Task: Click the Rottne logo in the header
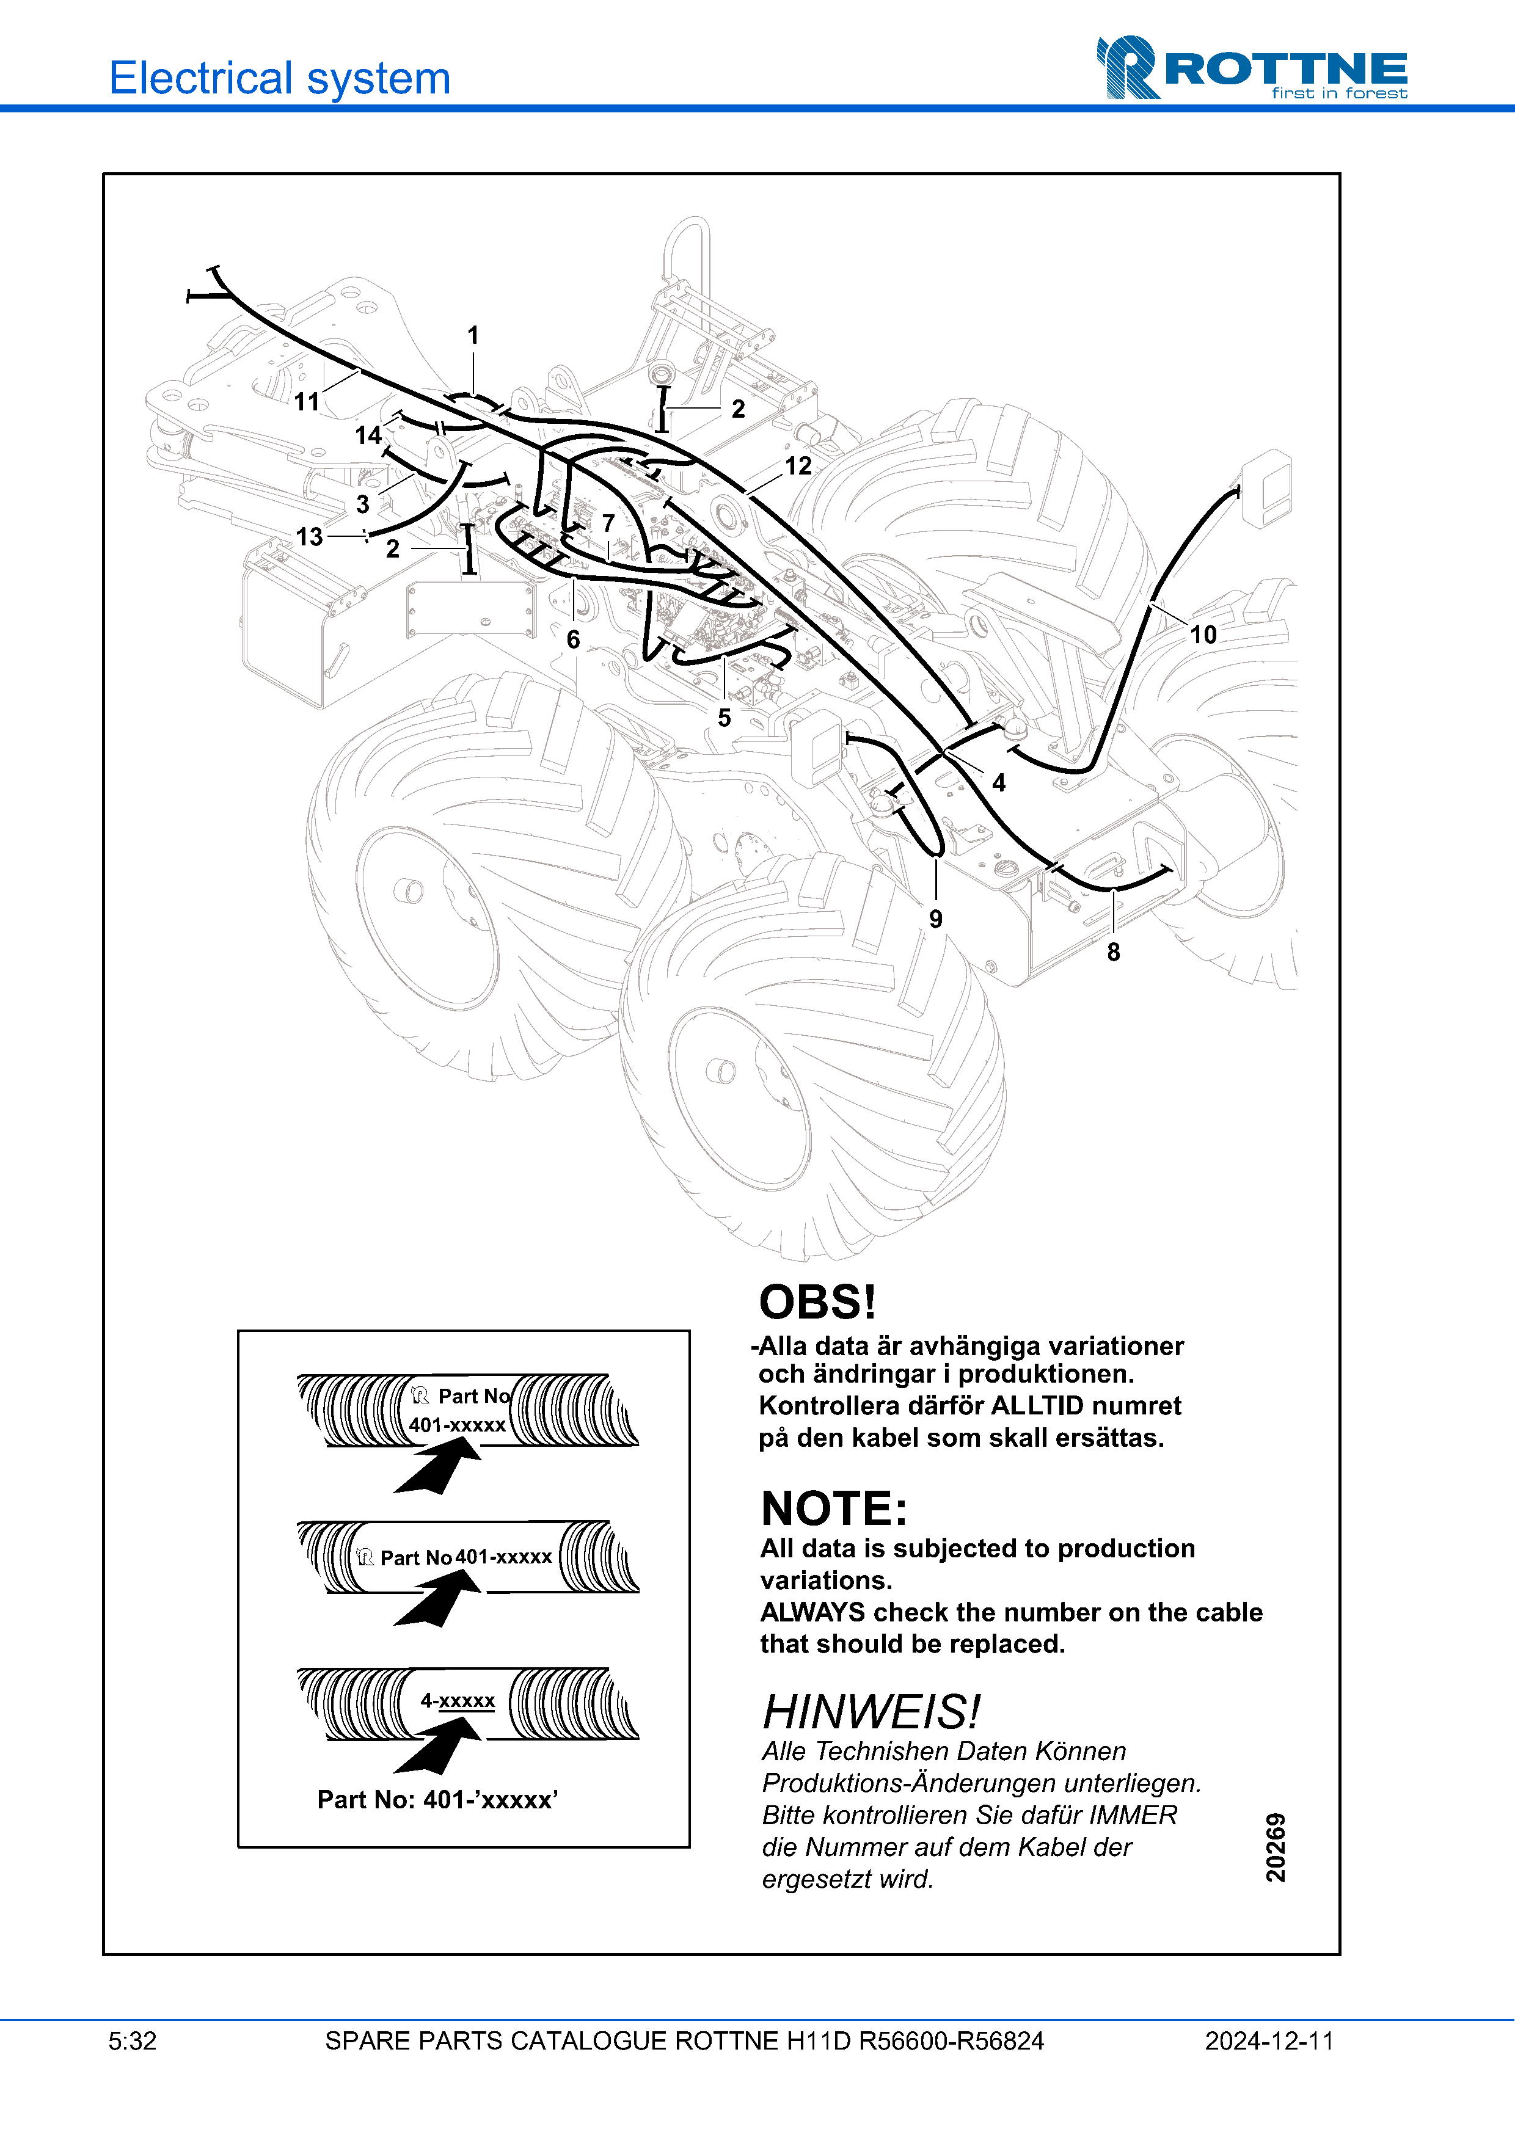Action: pyautogui.click(x=1251, y=68)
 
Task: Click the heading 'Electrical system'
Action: pyautogui.click(x=280, y=78)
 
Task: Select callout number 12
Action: pyautogui.click(x=798, y=466)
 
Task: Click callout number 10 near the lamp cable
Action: pyautogui.click(x=1202, y=635)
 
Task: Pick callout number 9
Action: pyautogui.click(x=935, y=919)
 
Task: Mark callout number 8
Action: pyautogui.click(x=1112, y=952)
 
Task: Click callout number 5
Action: pyautogui.click(x=725, y=718)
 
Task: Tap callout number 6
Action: pyautogui.click(x=573, y=639)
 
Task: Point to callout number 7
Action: pyautogui.click(x=608, y=523)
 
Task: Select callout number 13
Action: pyautogui.click(x=309, y=537)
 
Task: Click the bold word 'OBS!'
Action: pyautogui.click(x=817, y=1302)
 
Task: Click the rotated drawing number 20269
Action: pyautogui.click(x=1275, y=1847)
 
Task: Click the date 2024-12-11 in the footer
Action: pyautogui.click(x=1269, y=2041)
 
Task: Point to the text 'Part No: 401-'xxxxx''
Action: pyautogui.click(x=438, y=1800)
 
